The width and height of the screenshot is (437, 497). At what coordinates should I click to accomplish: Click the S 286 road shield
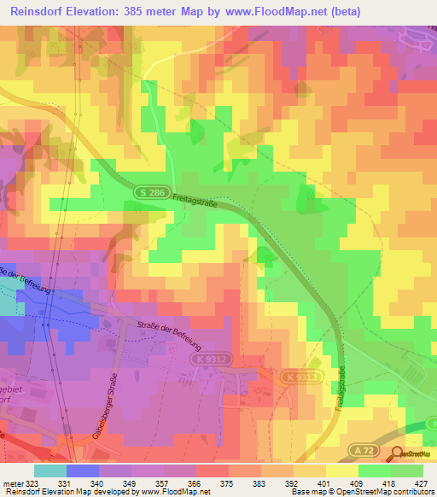pos(148,195)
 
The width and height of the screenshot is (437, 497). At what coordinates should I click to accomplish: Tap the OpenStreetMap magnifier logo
pos(396,454)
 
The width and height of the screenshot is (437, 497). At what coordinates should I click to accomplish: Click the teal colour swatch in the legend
pos(50,471)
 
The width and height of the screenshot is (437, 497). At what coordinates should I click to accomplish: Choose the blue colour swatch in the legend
pos(82,471)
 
